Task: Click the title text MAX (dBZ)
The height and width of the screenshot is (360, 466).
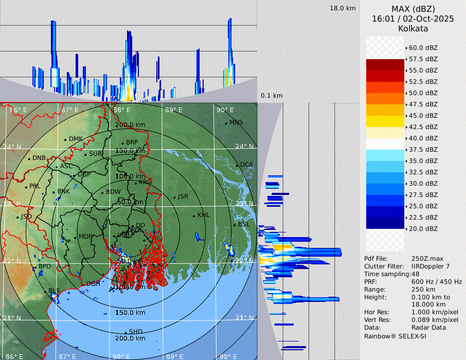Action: (413, 9)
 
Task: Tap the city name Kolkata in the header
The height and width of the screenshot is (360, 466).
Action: (413, 28)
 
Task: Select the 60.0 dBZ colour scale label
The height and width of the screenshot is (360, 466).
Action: (423, 48)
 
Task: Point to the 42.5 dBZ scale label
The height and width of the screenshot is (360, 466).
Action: (423, 127)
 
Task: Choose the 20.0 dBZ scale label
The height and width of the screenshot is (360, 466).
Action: (423, 228)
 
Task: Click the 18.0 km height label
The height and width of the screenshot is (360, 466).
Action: (343, 8)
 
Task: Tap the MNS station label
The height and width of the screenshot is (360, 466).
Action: (236, 122)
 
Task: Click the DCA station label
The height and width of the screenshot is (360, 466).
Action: (247, 165)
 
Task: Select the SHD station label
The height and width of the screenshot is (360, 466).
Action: (136, 332)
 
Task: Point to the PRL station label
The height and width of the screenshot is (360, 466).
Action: (34, 186)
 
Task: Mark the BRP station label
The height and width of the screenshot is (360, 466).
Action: (132, 142)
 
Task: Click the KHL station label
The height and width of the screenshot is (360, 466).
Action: (204, 215)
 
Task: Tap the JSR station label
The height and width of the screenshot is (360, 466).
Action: (183, 196)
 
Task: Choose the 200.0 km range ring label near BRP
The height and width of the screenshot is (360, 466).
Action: (130, 125)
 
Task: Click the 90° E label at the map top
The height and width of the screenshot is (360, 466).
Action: (225, 110)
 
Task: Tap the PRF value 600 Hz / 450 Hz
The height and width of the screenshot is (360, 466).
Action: (437, 282)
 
